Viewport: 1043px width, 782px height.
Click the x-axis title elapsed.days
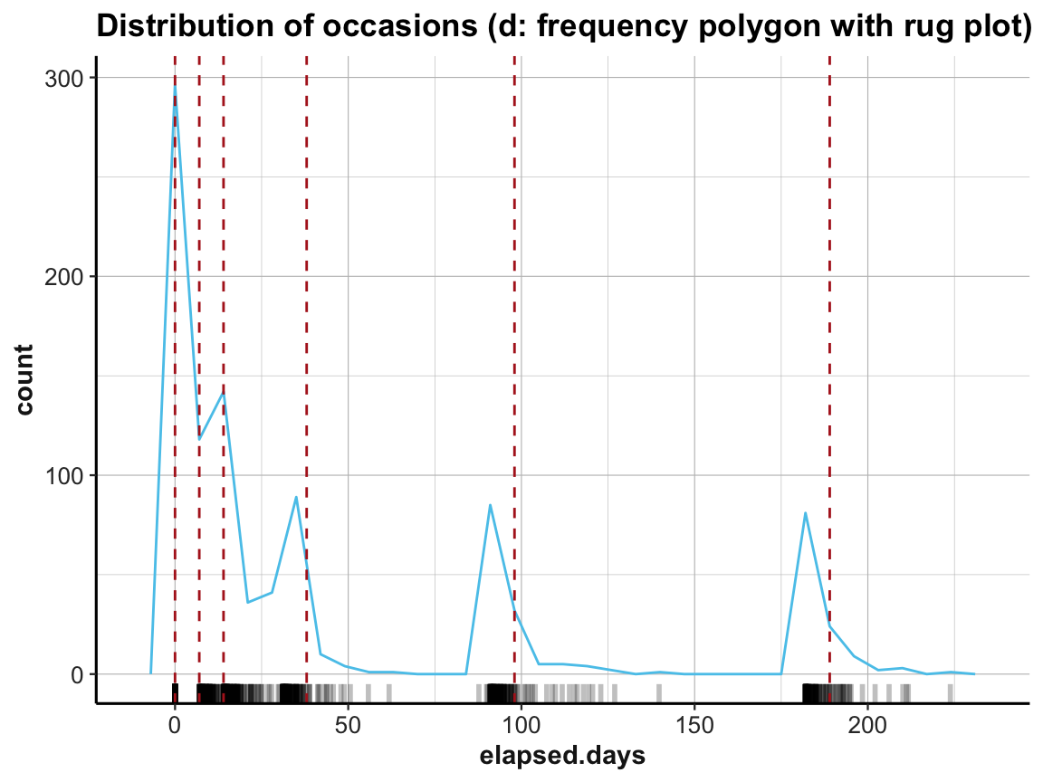(x=562, y=755)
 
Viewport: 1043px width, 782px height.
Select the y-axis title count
(x=24, y=377)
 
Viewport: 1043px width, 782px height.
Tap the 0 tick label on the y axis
(x=76, y=674)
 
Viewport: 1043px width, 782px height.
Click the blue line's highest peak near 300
(x=175, y=88)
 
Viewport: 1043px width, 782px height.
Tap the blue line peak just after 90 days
(x=490, y=505)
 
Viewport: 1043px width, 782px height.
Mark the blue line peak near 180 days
(x=805, y=513)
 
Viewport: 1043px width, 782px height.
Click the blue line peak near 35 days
(x=296, y=497)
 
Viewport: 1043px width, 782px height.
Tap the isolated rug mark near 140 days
(x=659, y=692)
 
